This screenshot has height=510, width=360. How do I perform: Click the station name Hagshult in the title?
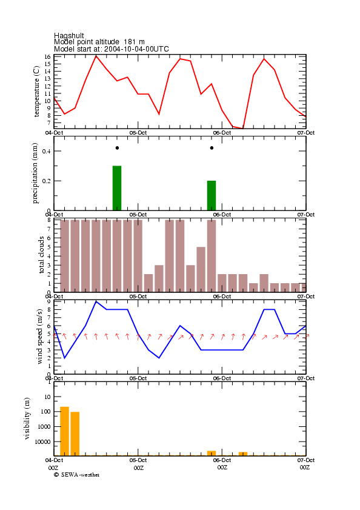point(69,35)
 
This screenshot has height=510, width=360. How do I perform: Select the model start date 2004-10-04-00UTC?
point(136,49)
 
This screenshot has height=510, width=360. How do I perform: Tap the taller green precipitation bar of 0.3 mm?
point(117,188)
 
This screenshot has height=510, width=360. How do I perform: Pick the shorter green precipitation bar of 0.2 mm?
point(212,195)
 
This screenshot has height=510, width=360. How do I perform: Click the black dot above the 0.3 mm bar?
point(117,148)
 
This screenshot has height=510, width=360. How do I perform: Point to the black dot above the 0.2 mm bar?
point(212,148)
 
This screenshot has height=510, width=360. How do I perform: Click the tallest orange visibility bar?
point(64,431)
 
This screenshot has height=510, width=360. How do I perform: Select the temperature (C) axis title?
point(36,92)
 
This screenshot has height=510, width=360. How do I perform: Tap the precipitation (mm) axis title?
point(35,173)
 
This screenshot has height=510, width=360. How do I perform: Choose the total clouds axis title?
point(41,255)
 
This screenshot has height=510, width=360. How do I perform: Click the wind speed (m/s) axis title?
point(39,337)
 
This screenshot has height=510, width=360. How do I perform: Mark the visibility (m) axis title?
point(27,418)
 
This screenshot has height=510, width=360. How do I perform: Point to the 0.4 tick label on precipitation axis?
point(47,151)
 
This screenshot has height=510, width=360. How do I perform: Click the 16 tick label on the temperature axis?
point(48,56)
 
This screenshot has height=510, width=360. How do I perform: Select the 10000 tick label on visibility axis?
point(43,441)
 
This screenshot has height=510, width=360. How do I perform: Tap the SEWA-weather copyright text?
point(77,475)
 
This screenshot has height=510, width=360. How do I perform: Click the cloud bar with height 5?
point(201,270)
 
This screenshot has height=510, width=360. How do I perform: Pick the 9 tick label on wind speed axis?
point(49,301)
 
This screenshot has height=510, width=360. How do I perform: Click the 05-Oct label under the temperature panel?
point(138,133)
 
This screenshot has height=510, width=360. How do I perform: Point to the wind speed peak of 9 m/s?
point(96,301)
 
